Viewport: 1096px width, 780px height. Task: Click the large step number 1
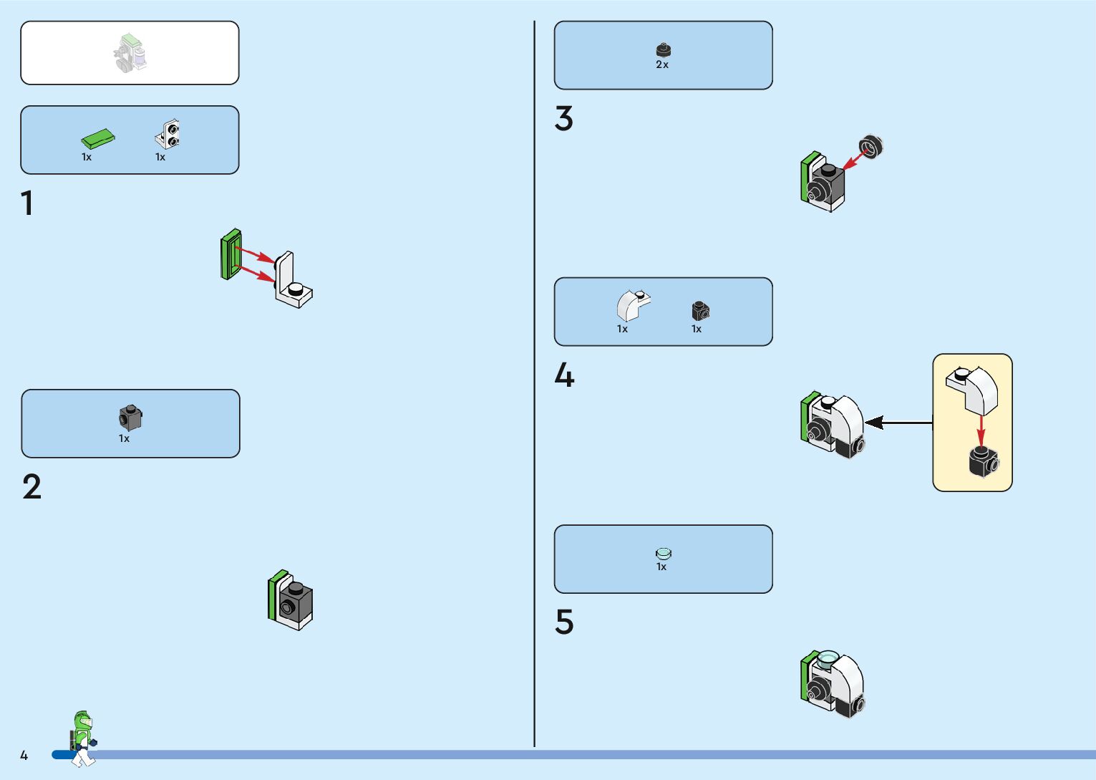27,203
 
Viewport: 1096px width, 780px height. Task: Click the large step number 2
31,487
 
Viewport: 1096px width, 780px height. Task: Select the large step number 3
563,119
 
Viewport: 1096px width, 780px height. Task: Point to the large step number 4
564,375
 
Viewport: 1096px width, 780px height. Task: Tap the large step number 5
564,622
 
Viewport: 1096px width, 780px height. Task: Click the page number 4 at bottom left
24,756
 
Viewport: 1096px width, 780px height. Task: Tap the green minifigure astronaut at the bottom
83,738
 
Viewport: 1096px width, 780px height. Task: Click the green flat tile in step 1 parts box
97,139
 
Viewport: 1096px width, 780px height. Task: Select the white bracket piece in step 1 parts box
168,135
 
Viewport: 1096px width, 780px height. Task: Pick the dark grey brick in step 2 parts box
130,418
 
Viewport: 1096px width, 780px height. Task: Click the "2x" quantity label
662,64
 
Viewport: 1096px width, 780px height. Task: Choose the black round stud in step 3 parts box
664,50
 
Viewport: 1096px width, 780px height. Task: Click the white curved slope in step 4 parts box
632,305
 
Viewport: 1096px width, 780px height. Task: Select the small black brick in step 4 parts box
700,310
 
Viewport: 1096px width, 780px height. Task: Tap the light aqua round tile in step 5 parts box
664,553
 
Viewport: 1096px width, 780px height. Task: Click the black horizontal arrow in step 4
898,423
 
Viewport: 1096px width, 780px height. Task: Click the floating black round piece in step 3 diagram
871,147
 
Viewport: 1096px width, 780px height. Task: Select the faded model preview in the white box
130,54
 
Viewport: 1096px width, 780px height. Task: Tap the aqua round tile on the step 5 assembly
828,657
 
